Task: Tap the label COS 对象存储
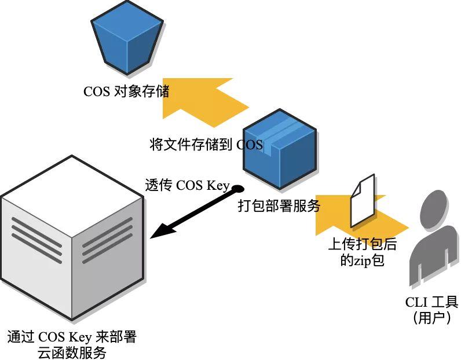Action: (126, 91)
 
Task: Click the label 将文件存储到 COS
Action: (206, 145)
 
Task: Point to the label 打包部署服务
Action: (279, 206)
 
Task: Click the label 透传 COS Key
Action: (187, 186)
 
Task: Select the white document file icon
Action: (363, 201)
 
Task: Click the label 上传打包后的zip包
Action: (363, 252)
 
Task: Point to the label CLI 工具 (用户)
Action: (431, 310)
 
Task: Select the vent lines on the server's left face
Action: (36, 237)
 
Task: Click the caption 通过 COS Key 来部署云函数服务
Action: (72, 344)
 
